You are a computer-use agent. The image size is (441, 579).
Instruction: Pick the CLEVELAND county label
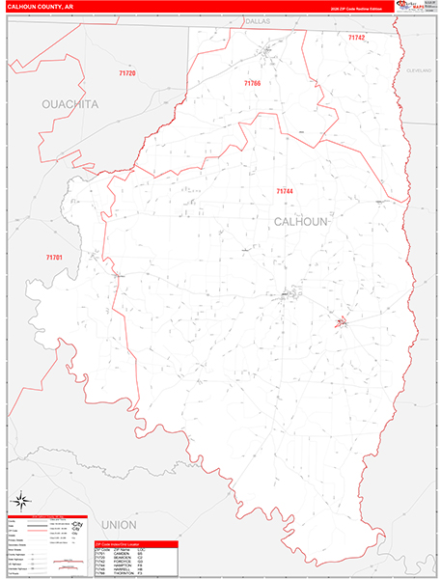[418, 71]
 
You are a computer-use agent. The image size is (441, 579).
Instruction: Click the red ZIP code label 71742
[357, 37]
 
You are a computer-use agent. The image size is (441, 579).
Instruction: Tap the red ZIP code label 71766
[252, 84]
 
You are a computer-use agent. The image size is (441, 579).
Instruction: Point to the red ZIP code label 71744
[285, 191]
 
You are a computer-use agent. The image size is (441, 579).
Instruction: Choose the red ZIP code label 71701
[54, 257]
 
